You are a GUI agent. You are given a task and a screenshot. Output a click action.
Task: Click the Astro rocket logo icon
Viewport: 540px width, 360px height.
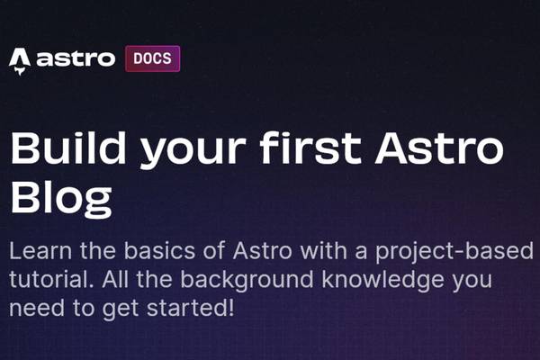point(20,60)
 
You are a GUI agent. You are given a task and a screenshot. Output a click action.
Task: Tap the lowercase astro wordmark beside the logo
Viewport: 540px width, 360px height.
point(76,60)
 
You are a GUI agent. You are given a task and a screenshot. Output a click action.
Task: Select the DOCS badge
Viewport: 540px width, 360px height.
point(152,59)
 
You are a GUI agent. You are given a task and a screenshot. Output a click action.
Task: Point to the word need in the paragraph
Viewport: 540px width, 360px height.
point(33,309)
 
